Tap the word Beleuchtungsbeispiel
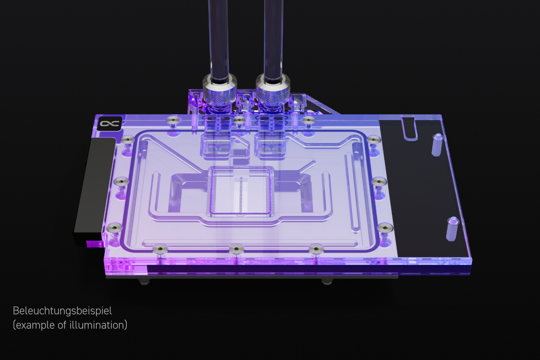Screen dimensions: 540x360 pyautogui.click(x=62, y=311)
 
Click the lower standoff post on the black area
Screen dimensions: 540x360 pyautogui.click(x=452, y=229)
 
